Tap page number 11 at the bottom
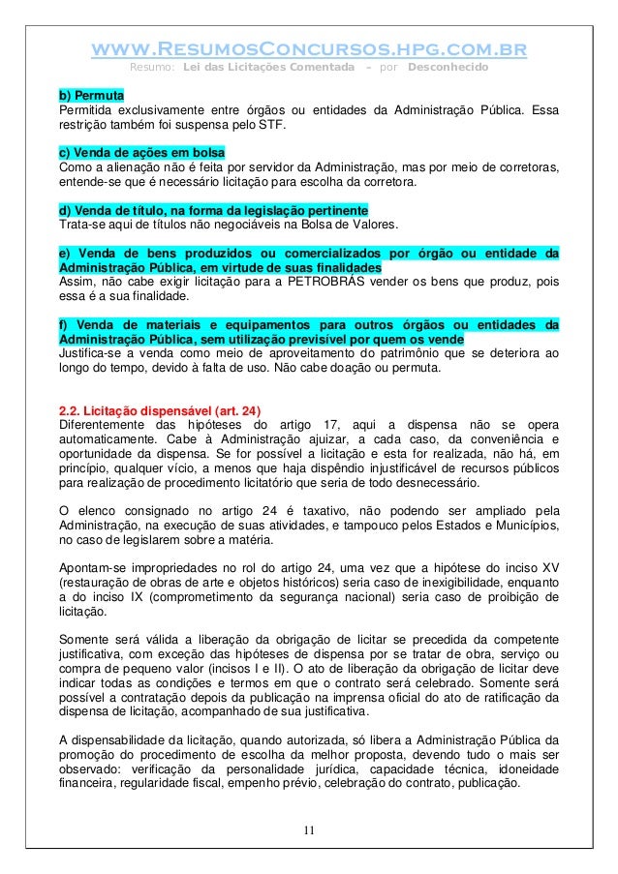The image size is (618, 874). point(308,829)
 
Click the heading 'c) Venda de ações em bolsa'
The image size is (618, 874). point(142,153)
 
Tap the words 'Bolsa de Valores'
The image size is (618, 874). point(342,225)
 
